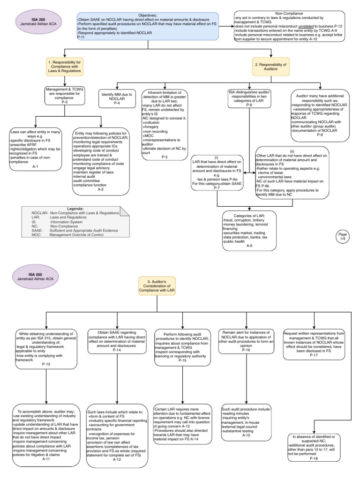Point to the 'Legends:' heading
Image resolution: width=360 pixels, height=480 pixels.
click(x=68, y=208)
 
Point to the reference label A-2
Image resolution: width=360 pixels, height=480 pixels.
click(x=101, y=189)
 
